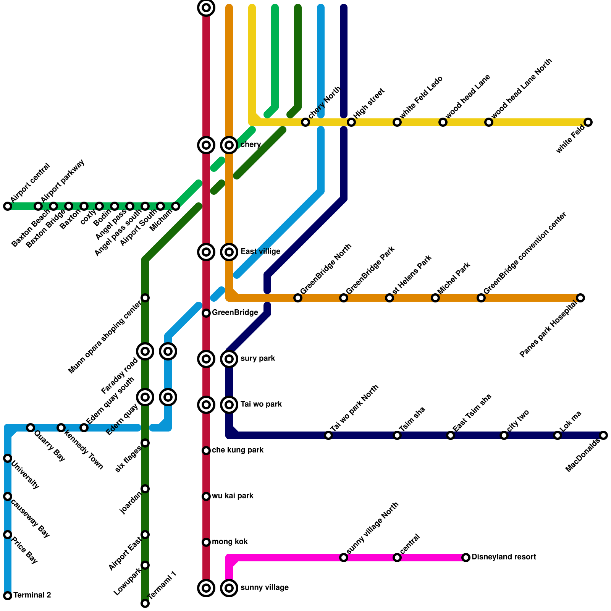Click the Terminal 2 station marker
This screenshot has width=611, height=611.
[x=8, y=595]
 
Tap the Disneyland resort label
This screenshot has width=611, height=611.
[x=503, y=557]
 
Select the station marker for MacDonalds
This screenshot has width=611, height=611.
[x=603, y=435]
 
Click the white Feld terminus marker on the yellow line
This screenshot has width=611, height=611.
[x=588, y=122]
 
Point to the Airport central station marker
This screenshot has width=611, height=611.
[x=8, y=206]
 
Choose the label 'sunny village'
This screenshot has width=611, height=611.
[x=264, y=588]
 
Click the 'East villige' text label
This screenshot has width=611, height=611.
[x=260, y=252]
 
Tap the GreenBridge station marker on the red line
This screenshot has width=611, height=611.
[x=206, y=313]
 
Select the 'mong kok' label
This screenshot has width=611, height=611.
[x=230, y=542]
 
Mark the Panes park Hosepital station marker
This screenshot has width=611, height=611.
[x=580, y=298]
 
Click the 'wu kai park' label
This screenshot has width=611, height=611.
[x=232, y=496]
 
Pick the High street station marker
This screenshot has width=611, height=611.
[x=351, y=122]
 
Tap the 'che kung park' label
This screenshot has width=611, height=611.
[x=238, y=450]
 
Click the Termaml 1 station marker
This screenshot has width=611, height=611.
[x=145, y=603]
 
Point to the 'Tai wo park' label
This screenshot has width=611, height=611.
[x=261, y=404]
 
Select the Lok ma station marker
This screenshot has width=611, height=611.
[x=558, y=435]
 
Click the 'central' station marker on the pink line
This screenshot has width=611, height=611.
[x=397, y=558]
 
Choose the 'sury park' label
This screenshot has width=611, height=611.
[x=258, y=359]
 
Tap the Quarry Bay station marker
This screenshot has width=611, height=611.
[x=31, y=428]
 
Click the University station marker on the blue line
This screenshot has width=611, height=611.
[x=8, y=458]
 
